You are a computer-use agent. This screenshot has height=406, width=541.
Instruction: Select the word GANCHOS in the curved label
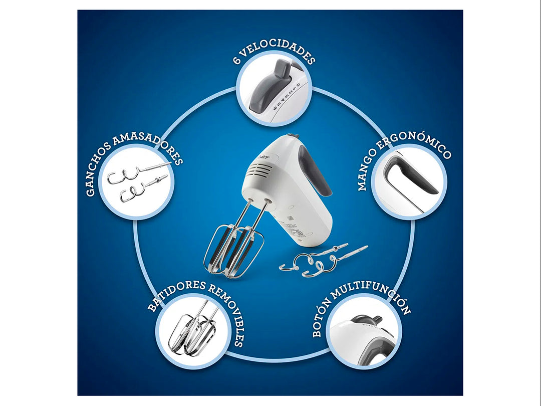[x=98, y=169]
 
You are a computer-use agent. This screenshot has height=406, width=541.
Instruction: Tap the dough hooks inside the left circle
[x=138, y=181]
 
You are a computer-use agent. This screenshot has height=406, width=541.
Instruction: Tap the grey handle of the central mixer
[x=316, y=170]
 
